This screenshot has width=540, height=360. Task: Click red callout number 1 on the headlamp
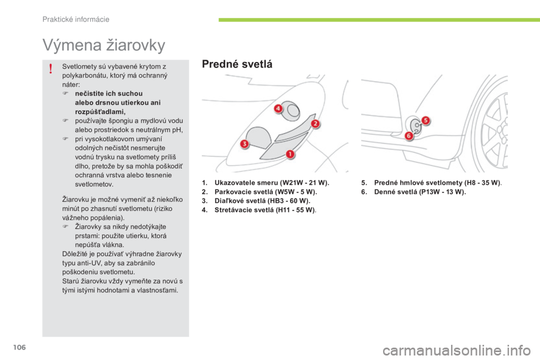click(x=290, y=154)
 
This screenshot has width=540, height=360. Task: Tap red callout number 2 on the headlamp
click(x=315, y=124)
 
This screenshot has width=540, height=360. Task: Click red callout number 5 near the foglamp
click(x=426, y=120)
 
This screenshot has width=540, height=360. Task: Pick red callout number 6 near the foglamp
click(x=409, y=136)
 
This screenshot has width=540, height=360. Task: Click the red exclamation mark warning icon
click(x=51, y=69)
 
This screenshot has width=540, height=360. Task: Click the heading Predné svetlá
click(x=237, y=65)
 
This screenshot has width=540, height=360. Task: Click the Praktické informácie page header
click(x=76, y=20)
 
